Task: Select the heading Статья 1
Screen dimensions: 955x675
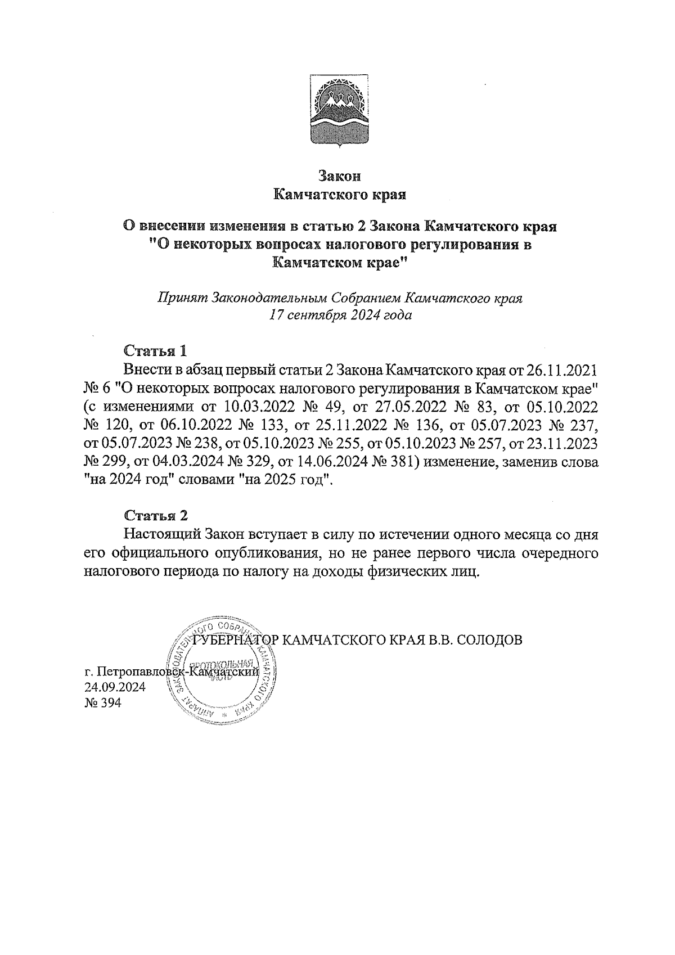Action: pos(155,351)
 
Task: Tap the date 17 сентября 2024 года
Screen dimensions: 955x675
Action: pos(340,315)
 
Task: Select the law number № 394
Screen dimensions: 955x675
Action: pos(102,704)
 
